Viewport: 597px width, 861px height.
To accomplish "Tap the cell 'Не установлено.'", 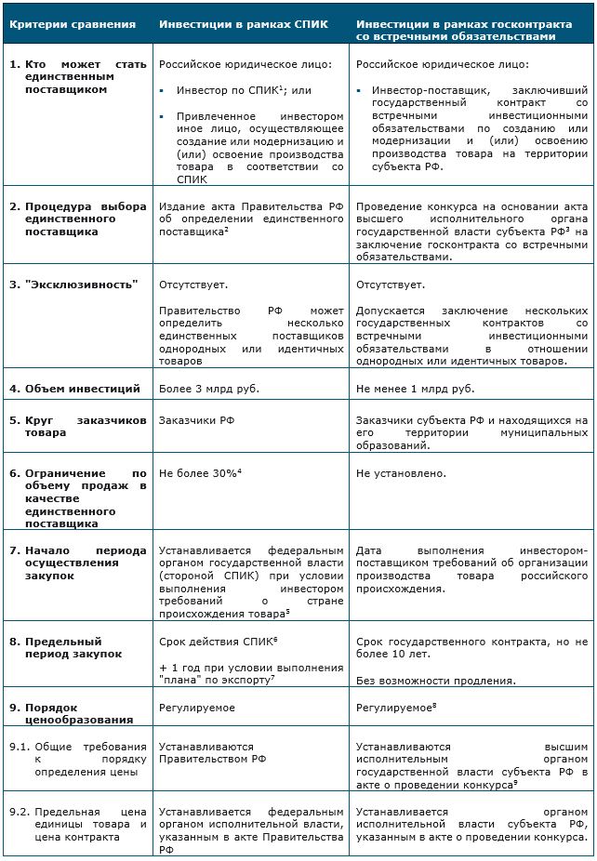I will pyautogui.click(x=401, y=473).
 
